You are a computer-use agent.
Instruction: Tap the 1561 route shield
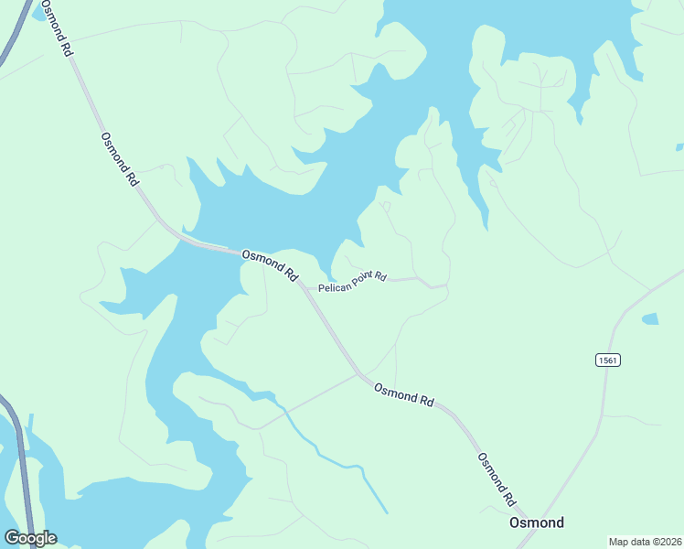[608, 360]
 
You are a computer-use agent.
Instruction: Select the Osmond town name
[536, 522]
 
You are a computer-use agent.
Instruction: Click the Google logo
[30, 538]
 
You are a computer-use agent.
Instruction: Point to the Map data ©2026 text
[645, 542]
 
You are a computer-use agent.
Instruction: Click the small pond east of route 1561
[649, 319]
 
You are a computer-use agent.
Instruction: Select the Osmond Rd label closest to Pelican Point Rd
[270, 264]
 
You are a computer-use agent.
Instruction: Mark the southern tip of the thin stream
[386, 512]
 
